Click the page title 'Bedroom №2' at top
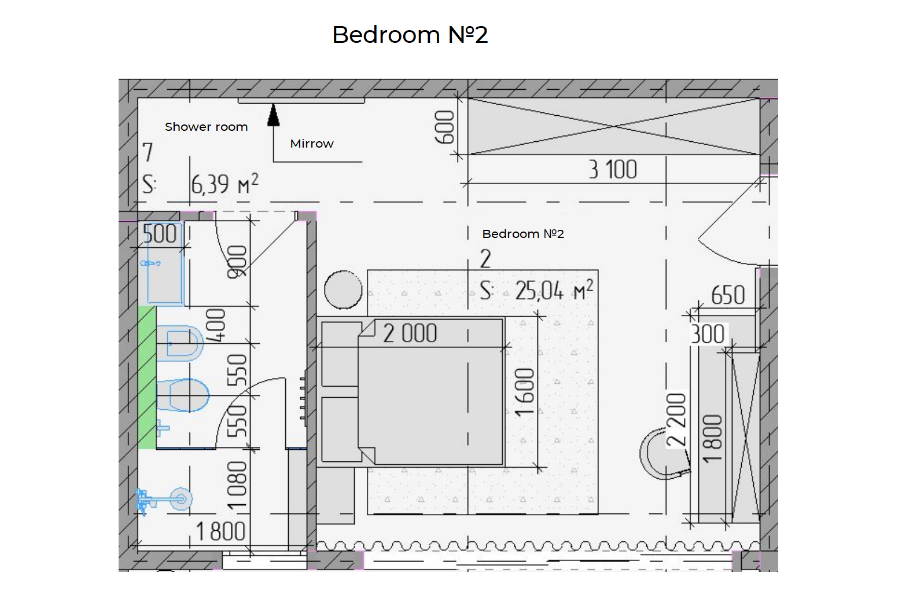click(x=410, y=34)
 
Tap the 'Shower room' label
click(x=206, y=127)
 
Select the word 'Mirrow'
click(x=312, y=144)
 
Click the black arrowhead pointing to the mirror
click(x=274, y=115)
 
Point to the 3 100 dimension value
click(x=613, y=170)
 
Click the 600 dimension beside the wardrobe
click(x=445, y=127)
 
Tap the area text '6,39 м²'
click(x=224, y=184)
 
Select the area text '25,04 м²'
click(x=554, y=291)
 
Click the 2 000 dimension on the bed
click(x=410, y=333)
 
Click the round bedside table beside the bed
click(x=343, y=289)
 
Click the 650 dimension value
click(x=728, y=295)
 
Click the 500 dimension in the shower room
click(x=160, y=234)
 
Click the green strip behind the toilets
click(x=147, y=377)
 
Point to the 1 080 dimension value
click(x=237, y=486)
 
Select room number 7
click(x=148, y=153)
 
